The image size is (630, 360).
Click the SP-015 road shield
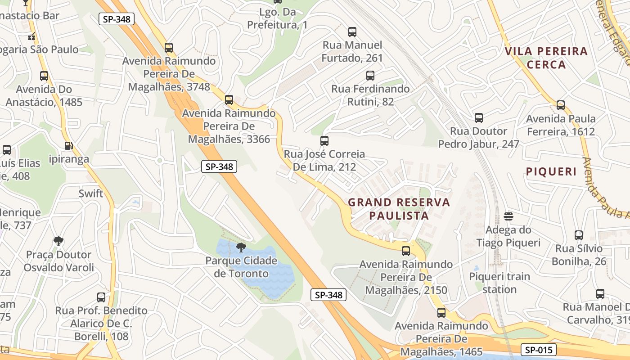[x=539, y=350]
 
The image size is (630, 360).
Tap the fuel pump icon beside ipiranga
[x=68, y=146]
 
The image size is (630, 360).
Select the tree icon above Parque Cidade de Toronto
[x=241, y=247]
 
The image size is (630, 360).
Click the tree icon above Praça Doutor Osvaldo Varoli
[x=58, y=241]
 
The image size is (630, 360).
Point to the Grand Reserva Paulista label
[x=399, y=209]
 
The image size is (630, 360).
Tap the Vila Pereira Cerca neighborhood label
[x=546, y=58]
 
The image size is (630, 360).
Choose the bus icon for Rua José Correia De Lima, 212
[x=324, y=140]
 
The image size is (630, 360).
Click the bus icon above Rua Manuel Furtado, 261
[x=352, y=32]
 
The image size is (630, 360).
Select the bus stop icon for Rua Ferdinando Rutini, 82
[x=370, y=76]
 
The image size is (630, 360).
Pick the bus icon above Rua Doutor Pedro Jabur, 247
[x=479, y=118]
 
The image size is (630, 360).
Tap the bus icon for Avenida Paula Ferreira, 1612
[x=561, y=105]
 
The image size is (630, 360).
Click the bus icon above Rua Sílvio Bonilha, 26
[x=579, y=235]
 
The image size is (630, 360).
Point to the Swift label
[x=91, y=194]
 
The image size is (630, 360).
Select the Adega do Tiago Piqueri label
[x=508, y=236]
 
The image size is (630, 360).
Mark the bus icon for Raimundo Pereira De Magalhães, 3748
[x=169, y=47]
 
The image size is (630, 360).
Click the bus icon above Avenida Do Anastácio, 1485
[x=44, y=76]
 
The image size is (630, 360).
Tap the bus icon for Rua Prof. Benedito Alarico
[x=101, y=297]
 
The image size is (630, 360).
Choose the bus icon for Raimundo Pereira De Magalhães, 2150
[x=406, y=251]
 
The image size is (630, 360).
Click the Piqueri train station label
[x=499, y=283]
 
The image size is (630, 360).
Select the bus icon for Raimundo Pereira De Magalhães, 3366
[x=229, y=99]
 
